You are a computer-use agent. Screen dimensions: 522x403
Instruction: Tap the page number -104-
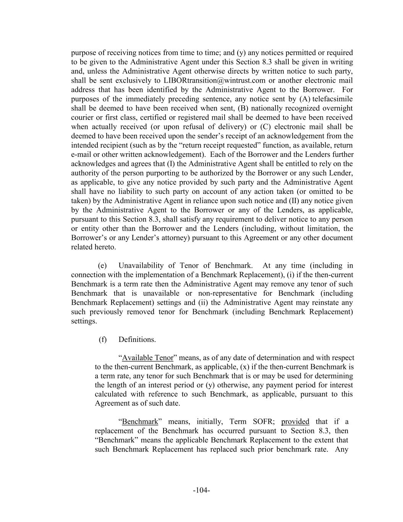(x=201, y=490)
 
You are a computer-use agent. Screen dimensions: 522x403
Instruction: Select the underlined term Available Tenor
(x=147, y=358)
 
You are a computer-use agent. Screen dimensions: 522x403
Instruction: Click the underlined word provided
(x=295, y=421)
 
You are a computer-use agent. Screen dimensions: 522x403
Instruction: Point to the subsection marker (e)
(x=102, y=265)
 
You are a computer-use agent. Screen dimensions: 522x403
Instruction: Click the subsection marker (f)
(x=102, y=340)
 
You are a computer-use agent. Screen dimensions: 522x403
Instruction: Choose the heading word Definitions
(x=137, y=340)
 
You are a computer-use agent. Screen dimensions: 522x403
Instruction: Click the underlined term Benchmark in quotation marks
(x=140, y=421)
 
